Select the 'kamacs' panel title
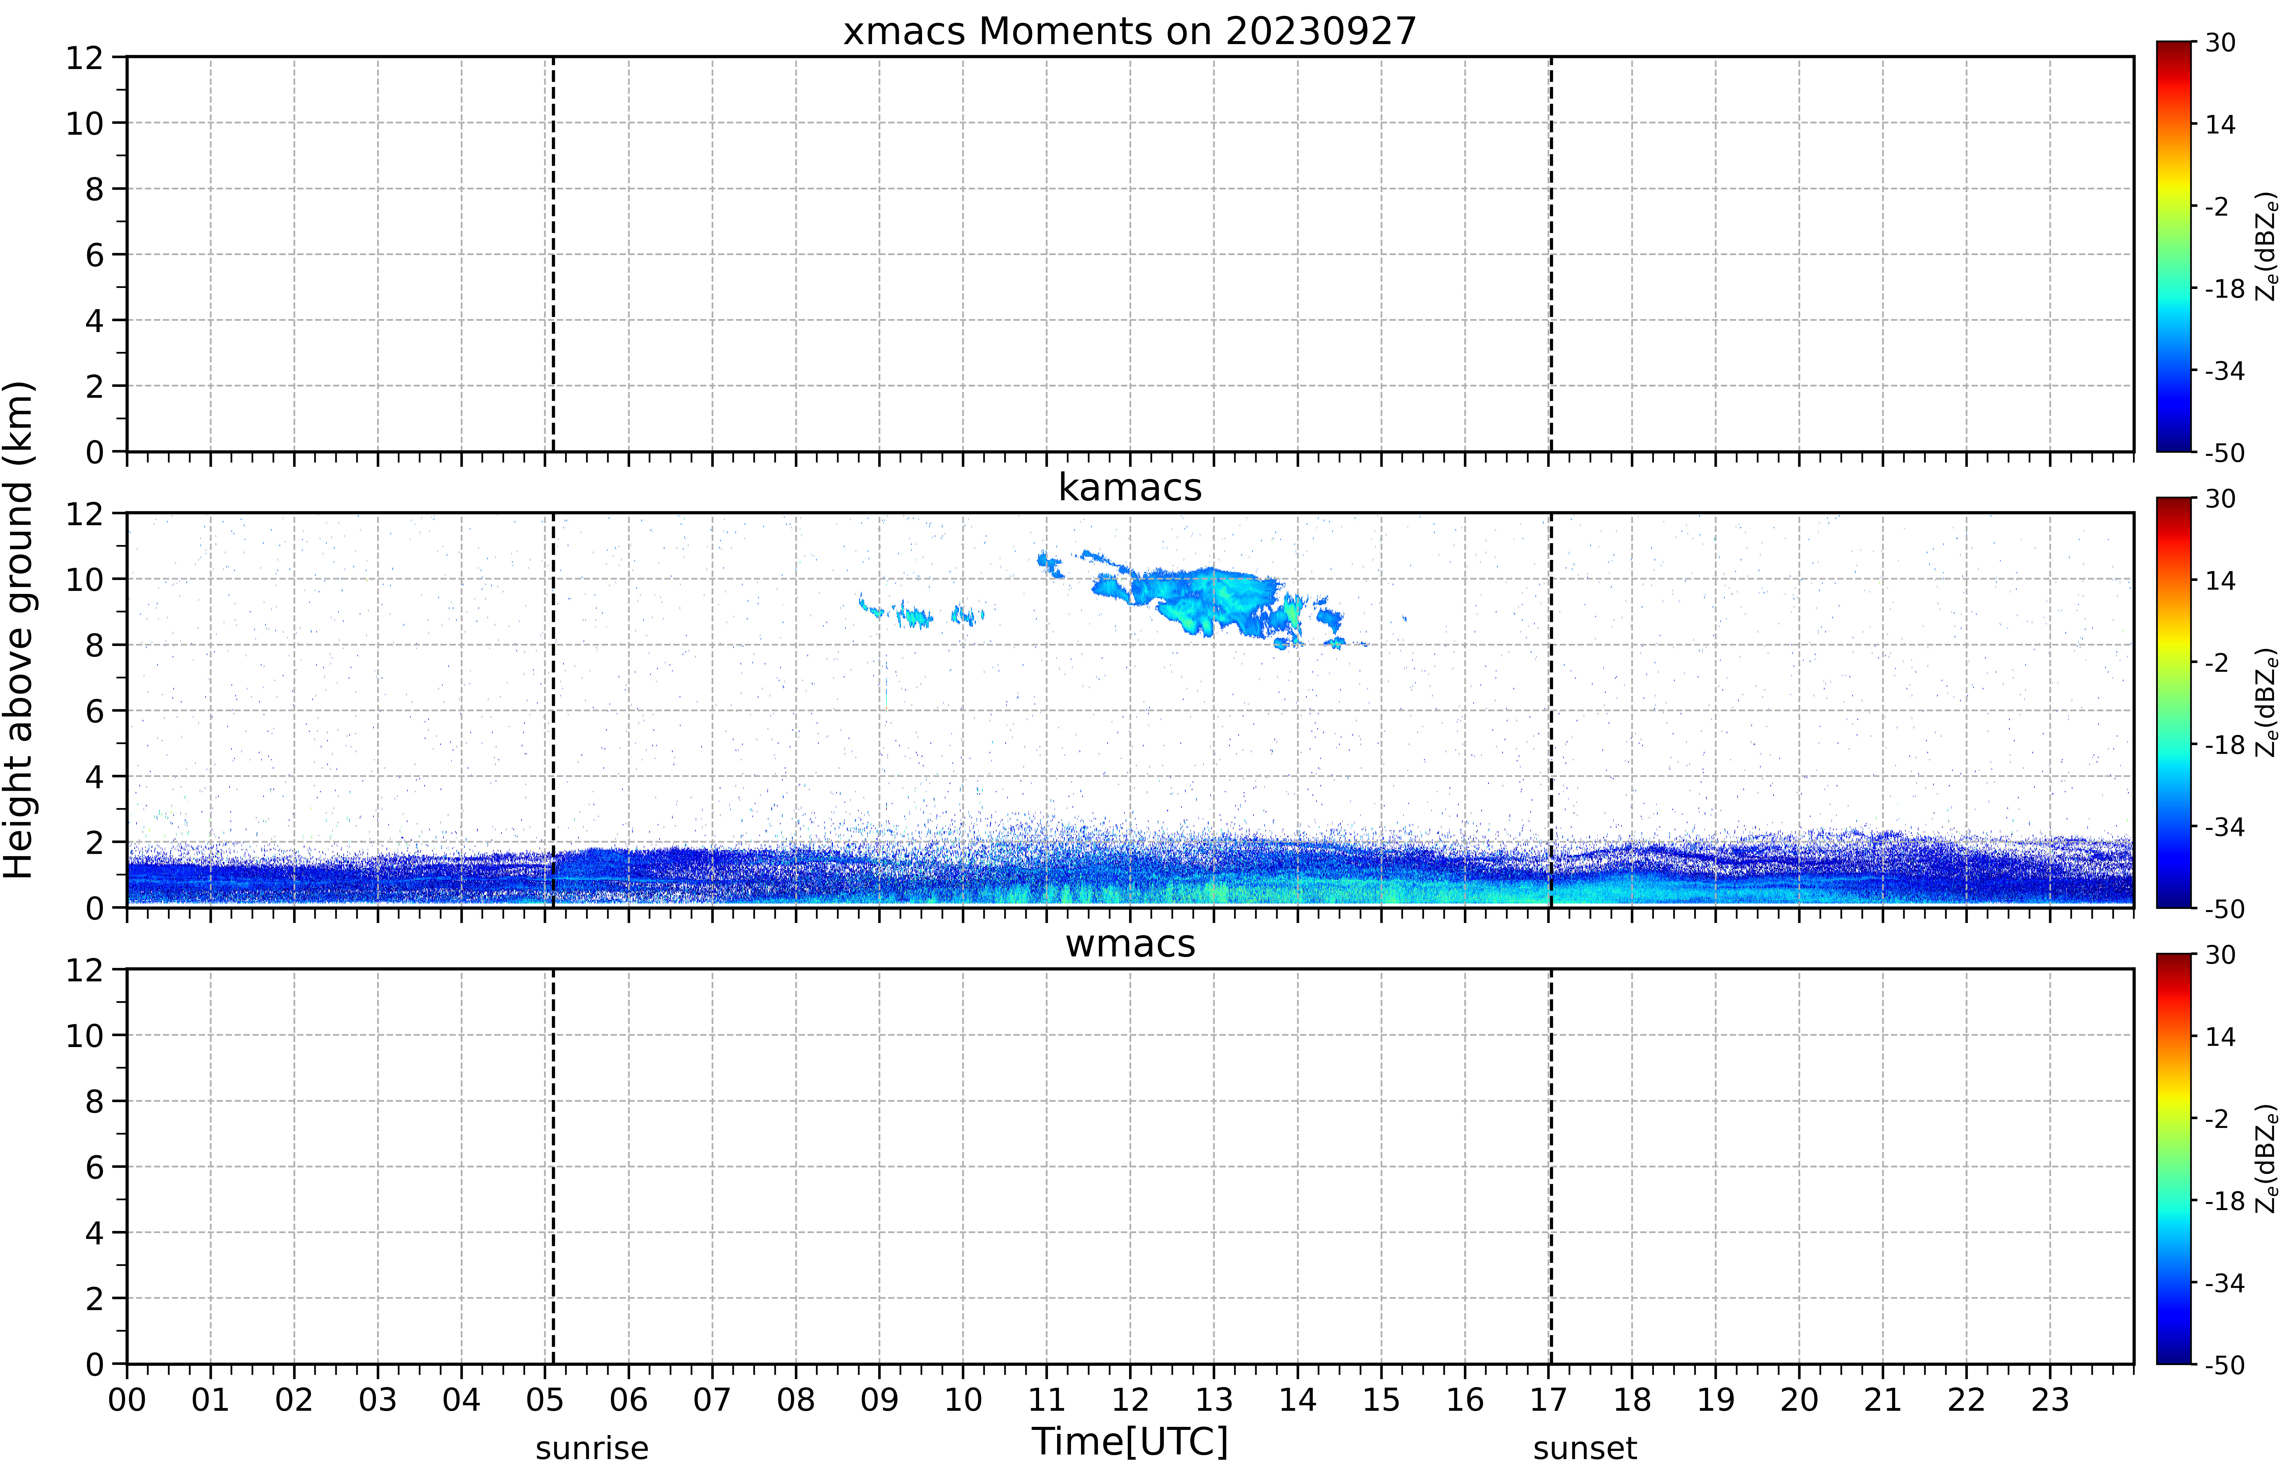click(x=1130, y=487)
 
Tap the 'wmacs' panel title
click(x=1130, y=943)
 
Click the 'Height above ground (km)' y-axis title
click(x=19, y=630)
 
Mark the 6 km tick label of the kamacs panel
click(x=94, y=711)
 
